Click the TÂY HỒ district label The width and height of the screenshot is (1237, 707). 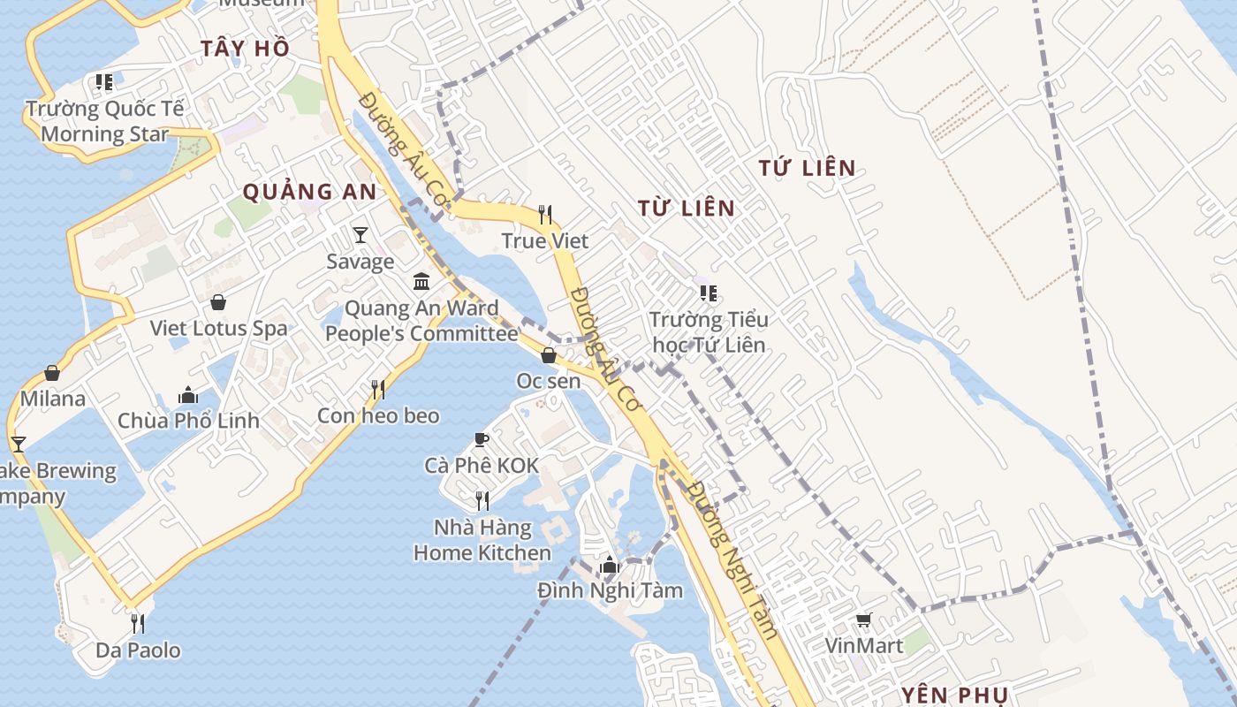[245, 49]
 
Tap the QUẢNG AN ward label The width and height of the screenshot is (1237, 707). [309, 192]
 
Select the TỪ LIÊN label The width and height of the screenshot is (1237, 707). [687, 209]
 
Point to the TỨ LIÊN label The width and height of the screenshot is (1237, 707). [807, 168]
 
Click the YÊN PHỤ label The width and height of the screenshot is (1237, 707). [954, 695]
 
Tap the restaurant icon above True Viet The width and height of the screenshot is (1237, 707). [545, 215]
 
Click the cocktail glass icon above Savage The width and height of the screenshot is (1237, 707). [360, 234]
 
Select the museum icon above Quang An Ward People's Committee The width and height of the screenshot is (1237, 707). [421, 282]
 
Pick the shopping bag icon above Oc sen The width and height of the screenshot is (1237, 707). [549, 355]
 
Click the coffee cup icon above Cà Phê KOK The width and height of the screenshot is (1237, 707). [482, 439]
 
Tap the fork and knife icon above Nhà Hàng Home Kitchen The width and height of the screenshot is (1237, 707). [482, 501]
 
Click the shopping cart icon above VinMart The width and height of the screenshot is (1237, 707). [863, 620]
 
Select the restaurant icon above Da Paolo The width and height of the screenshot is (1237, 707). [138, 624]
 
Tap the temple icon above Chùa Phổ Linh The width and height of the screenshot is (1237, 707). [188, 394]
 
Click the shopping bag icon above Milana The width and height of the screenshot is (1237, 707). [52, 373]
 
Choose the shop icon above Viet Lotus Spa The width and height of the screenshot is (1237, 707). [218, 302]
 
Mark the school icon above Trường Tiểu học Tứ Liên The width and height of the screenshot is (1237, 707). [708, 293]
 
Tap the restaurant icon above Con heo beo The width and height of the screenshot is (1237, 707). [378, 389]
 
